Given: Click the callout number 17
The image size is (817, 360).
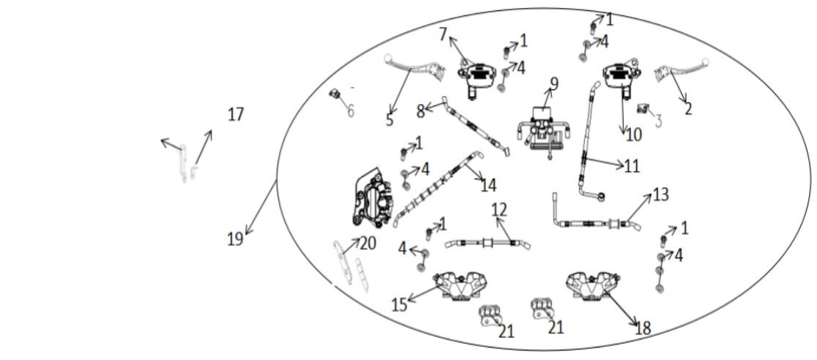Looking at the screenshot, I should click(235, 114).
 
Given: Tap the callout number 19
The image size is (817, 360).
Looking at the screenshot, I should click(234, 239).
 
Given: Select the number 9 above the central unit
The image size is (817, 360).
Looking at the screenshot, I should click(554, 83).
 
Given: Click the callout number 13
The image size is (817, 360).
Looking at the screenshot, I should click(660, 194).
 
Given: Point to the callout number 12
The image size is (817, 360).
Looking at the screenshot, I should click(499, 210).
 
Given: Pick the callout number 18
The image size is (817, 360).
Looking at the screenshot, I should click(643, 329).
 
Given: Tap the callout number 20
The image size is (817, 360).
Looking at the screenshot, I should click(367, 243).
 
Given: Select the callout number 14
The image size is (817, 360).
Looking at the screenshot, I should click(488, 185).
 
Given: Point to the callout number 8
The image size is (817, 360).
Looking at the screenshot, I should click(420, 111).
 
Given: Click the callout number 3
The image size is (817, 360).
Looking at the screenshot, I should click(658, 119).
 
